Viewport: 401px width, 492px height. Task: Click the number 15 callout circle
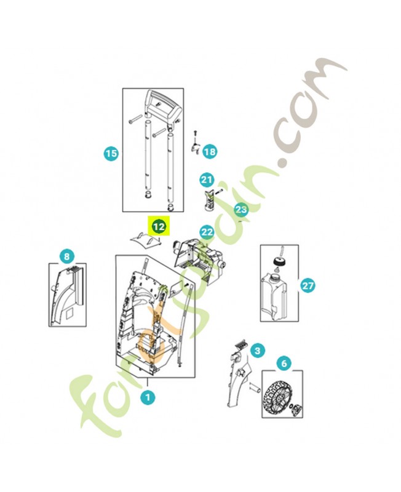click(x=111, y=154)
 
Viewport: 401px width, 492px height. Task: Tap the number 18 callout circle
click(x=210, y=152)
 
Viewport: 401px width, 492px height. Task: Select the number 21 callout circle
click(x=207, y=180)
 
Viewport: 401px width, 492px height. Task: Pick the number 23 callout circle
click(x=241, y=209)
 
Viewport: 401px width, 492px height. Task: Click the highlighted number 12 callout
click(x=159, y=226)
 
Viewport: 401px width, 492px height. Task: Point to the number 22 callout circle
click(x=207, y=232)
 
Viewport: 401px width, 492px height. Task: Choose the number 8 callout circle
click(x=67, y=256)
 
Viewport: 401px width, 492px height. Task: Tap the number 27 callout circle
click(x=308, y=285)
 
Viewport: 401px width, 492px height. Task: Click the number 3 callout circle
click(x=258, y=350)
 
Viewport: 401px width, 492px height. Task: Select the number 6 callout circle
click(x=284, y=363)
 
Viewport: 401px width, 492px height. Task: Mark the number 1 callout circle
click(x=148, y=397)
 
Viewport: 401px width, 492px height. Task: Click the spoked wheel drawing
click(x=276, y=399)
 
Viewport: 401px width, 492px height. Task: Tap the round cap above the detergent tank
click(x=278, y=262)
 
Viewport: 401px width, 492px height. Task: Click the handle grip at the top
click(x=163, y=106)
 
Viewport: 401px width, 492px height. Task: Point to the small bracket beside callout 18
click(x=196, y=147)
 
